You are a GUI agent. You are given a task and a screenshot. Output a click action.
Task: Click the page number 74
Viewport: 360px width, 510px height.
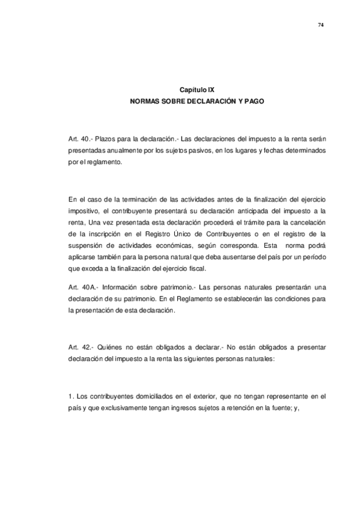click(x=321, y=25)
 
